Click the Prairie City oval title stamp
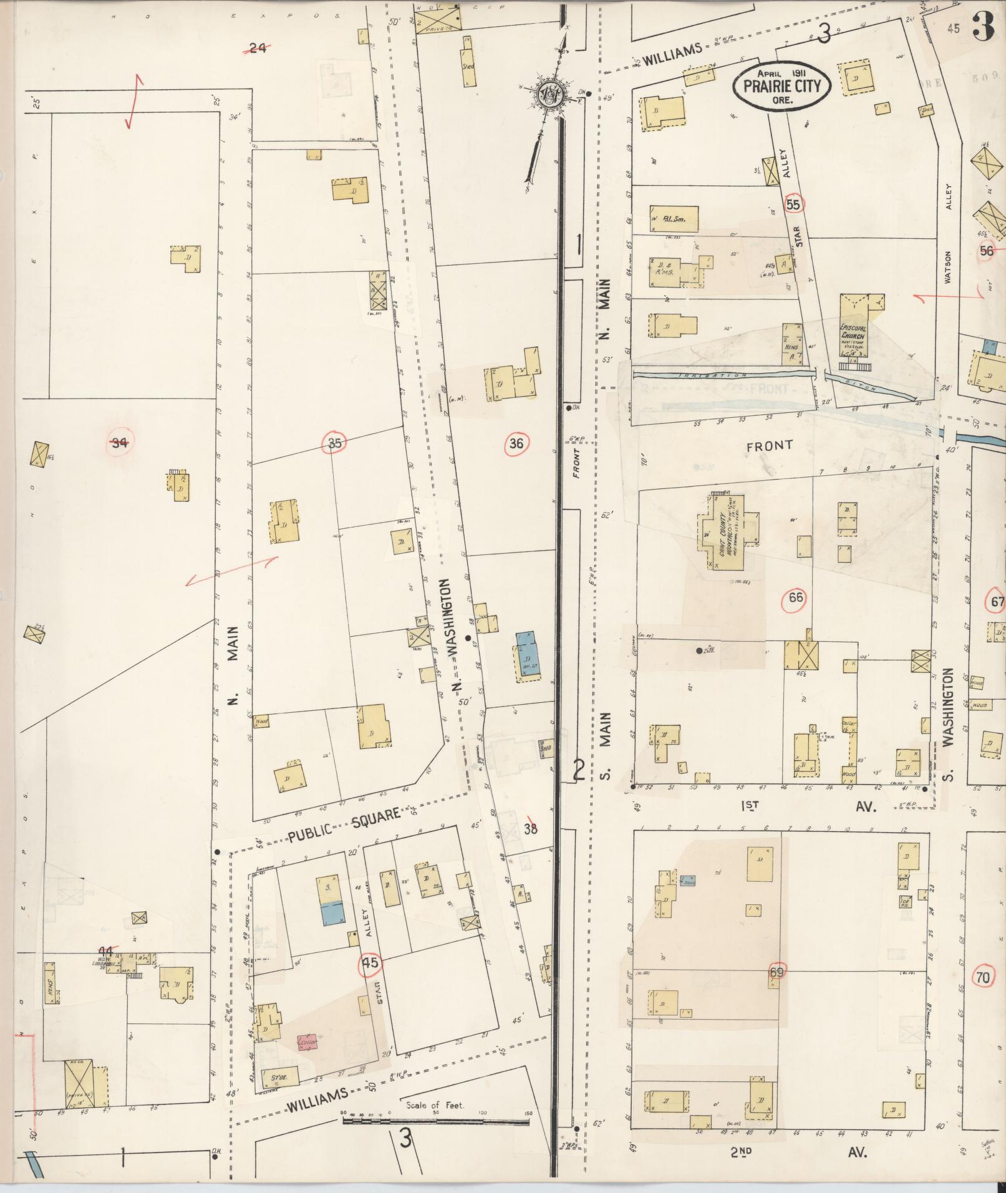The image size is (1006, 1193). click(781, 85)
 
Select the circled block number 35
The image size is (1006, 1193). click(335, 443)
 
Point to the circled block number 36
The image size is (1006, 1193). click(516, 443)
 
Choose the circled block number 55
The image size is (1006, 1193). click(793, 204)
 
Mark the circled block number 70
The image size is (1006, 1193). click(983, 978)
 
